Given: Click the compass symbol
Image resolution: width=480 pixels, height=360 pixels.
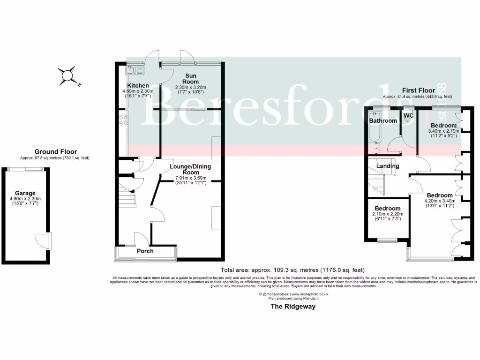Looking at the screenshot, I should [67, 76].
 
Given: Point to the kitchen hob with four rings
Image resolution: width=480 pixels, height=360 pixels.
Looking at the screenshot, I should [124, 120].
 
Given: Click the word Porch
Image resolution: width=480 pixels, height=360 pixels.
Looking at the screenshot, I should [145, 251].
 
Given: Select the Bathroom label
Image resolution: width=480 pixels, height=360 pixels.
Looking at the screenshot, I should [383, 120].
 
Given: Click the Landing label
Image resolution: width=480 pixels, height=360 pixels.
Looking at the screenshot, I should [388, 166].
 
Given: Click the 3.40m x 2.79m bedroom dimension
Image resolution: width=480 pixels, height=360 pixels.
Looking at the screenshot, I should [443, 131].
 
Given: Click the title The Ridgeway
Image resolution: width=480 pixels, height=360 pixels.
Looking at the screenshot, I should [292, 307].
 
